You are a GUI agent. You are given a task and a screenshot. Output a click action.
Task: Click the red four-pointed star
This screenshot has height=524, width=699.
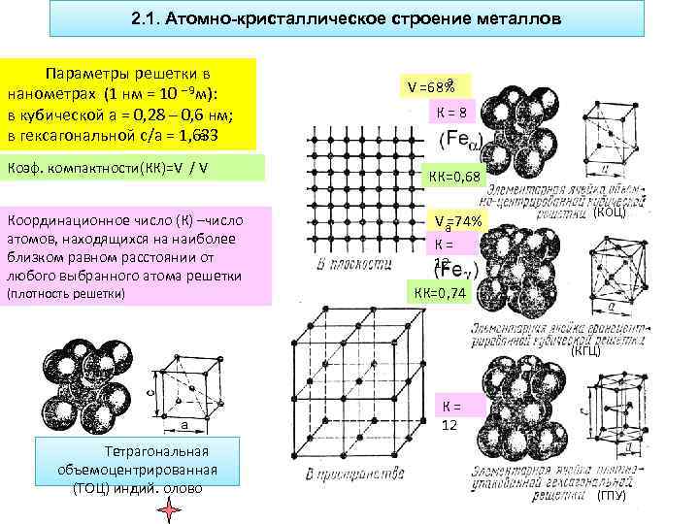coord(170,510)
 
